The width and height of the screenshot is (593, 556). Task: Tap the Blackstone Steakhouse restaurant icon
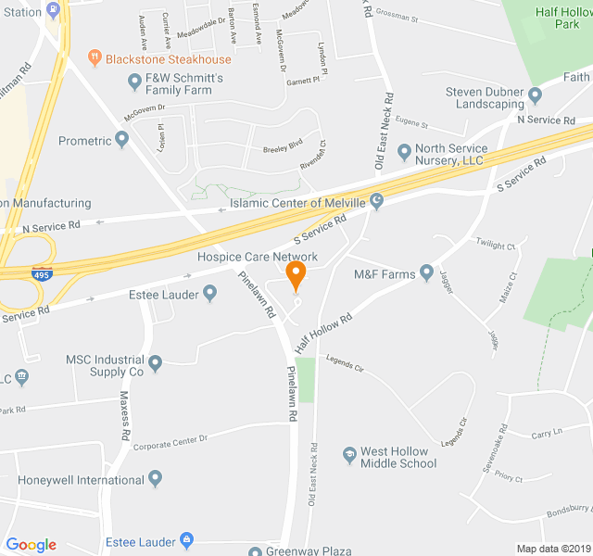pos(94,58)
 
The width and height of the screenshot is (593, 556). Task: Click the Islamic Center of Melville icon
pos(376,201)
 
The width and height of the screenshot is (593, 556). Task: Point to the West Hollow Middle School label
pos(398,457)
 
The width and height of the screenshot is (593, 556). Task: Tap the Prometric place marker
pos(122,140)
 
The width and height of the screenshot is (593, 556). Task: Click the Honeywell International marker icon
pos(155,479)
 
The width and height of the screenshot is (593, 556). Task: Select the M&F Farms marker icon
pos(426,272)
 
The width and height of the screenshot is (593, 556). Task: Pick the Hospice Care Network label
pos(257,257)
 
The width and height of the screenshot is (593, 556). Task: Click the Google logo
pos(32,545)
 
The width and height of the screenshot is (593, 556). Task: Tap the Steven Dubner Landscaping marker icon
pos(534,94)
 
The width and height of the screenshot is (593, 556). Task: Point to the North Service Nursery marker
pos(403,151)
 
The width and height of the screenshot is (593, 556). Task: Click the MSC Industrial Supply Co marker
pos(155,362)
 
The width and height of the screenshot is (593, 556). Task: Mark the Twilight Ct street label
pos(496,245)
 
